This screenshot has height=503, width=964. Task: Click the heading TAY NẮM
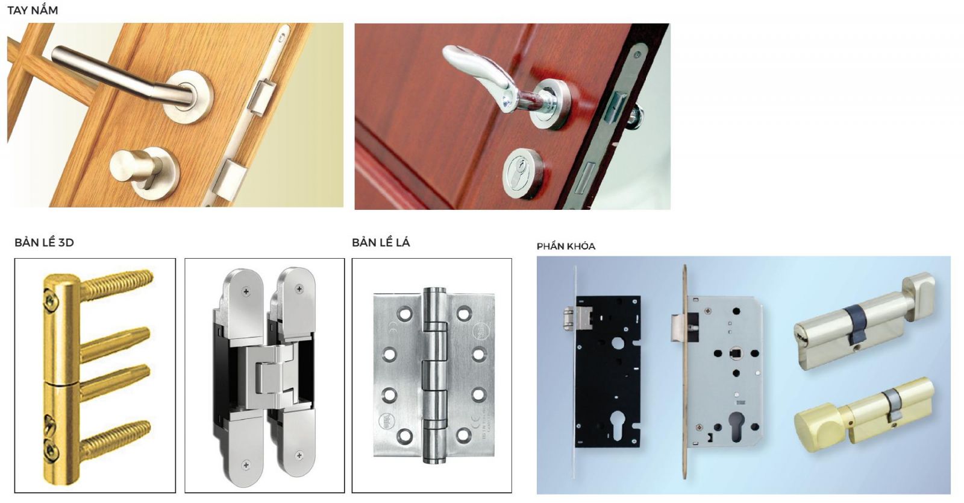[x=33, y=10]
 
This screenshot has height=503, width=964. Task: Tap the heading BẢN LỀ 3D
[x=45, y=242]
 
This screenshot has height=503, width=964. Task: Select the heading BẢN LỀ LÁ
[x=381, y=242]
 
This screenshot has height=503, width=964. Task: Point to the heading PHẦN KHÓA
[x=566, y=246]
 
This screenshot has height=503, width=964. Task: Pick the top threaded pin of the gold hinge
[x=116, y=282]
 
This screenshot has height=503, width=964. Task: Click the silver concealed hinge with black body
[x=264, y=373]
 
